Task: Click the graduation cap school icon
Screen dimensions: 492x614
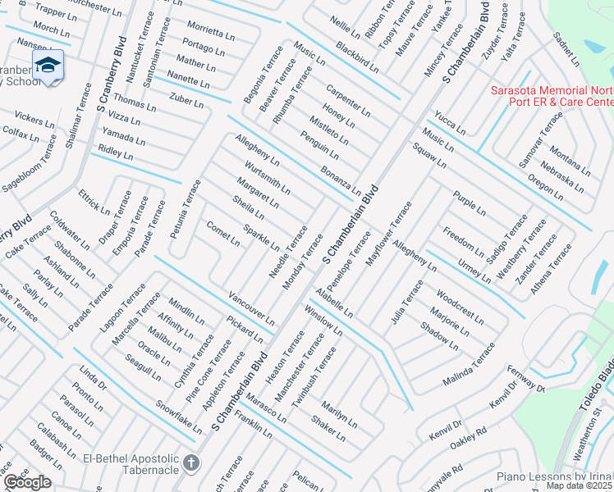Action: pos(48,66)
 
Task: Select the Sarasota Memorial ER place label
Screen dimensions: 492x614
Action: pos(552,96)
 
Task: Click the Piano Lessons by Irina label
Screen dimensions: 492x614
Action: pos(555,476)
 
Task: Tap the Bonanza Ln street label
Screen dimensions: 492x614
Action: pos(340,180)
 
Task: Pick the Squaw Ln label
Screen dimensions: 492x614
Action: pos(428,153)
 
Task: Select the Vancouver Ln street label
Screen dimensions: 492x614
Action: pos(251,306)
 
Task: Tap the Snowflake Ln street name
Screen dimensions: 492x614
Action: pos(179,417)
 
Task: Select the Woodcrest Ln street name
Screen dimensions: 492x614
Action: pos(460,302)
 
